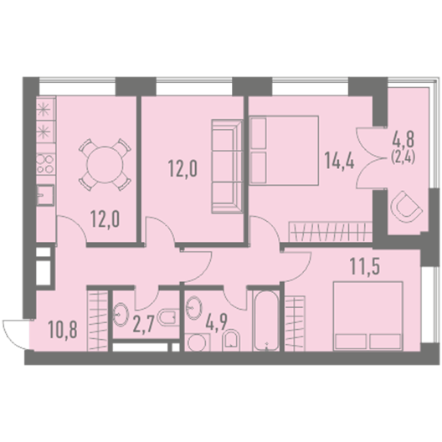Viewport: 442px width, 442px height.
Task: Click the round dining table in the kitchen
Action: click(105, 165)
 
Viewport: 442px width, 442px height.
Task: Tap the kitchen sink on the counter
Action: click(45, 195)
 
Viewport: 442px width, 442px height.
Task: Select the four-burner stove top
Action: click(45, 164)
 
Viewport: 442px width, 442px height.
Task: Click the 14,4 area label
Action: click(339, 160)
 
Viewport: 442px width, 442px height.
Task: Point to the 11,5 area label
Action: click(365, 266)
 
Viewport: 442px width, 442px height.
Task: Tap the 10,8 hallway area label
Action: click(63, 329)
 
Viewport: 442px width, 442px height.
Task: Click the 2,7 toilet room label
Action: click(143, 325)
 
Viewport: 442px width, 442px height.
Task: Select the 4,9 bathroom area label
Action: click(217, 321)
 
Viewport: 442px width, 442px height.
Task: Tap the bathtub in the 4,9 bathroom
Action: click(266, 321)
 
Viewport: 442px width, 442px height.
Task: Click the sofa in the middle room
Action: click(227, 167)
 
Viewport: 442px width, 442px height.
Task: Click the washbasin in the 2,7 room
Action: click(121, 315)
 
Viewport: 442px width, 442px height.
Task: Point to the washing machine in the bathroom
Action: click(198, 342)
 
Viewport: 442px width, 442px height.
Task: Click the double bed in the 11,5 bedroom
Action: click(367, 316)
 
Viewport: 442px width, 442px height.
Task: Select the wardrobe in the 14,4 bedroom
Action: click(331, 232)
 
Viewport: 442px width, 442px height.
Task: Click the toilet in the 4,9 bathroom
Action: click(231, 340)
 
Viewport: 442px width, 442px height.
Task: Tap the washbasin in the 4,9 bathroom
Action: click(194, 307)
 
